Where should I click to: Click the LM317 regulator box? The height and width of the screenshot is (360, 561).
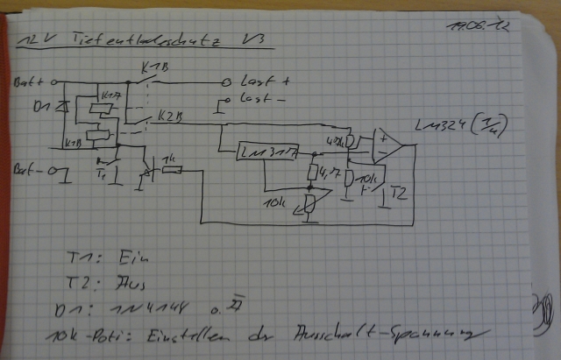(270, 153)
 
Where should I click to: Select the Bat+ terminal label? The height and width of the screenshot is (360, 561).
(29, 81)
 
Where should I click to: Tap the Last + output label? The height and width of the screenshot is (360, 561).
(264, 81)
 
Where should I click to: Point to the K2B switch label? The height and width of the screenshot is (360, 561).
(172, 115)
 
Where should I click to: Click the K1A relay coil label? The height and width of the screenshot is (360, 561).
(110, 95)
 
